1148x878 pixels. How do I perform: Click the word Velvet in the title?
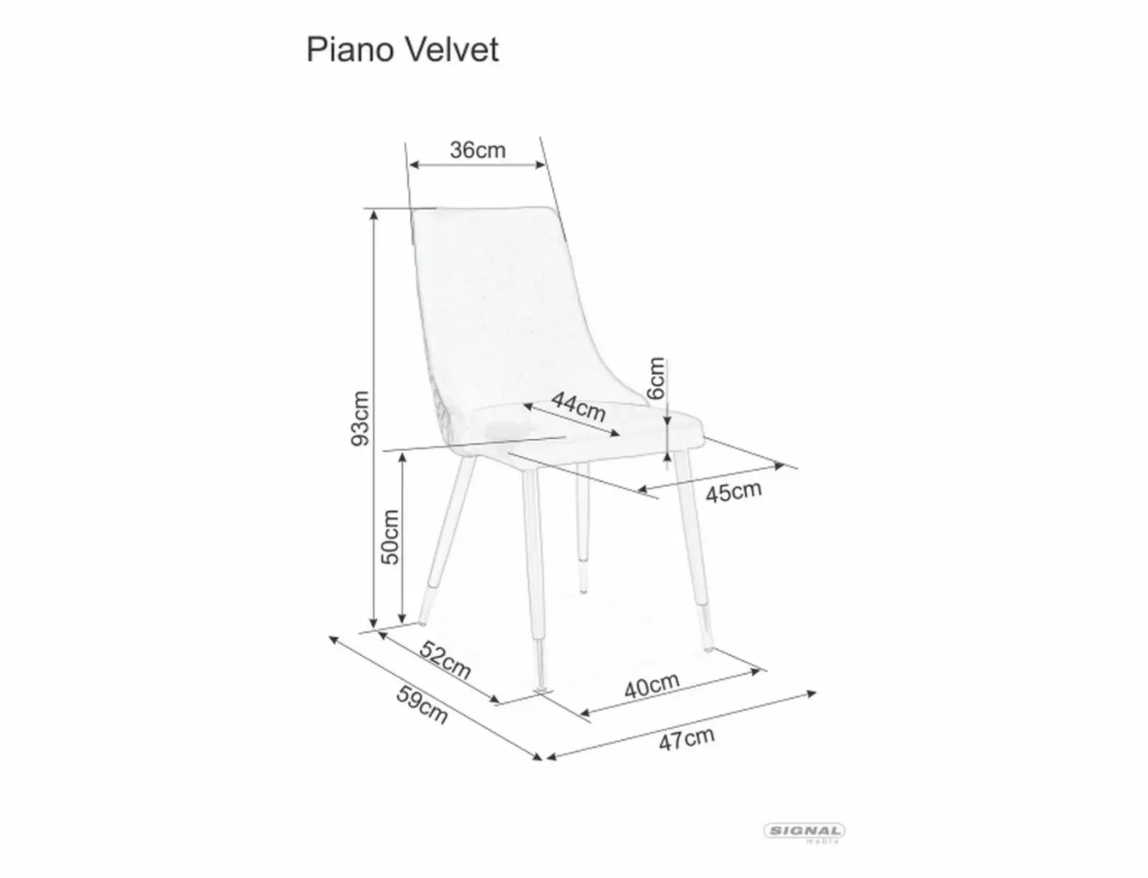pos(453,51)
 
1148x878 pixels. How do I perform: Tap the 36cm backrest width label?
pos(478,150)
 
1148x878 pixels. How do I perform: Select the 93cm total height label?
pos(360,418)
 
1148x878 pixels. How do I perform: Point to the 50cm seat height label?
pos(390,537)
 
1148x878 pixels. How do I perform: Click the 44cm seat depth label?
pos(579,406)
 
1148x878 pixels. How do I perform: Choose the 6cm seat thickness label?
pos(657,378)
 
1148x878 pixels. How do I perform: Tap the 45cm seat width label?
pos(734,492)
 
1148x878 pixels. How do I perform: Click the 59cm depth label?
pos(422,705)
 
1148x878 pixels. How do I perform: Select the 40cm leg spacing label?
pos(652,686)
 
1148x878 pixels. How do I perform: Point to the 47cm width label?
pos(686,739)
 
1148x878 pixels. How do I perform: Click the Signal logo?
pos(804,832)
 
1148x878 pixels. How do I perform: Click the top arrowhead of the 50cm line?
pos(402,458)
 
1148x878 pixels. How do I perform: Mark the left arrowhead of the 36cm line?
pos(414,165)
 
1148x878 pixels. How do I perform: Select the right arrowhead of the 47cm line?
pos(811,694)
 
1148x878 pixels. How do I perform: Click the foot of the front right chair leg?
pos(708,649)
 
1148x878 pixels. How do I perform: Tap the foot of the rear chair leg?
pos(583,591)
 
